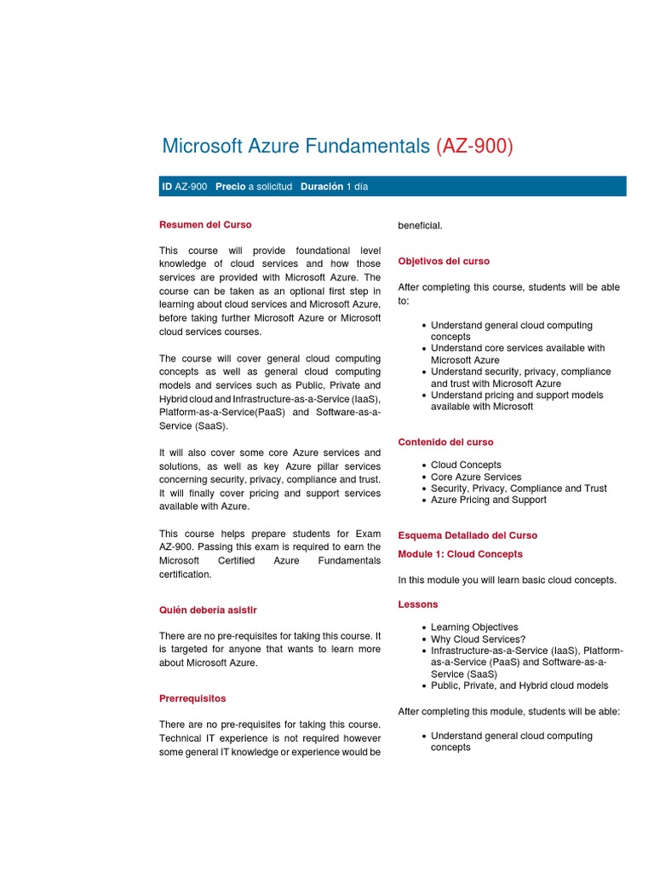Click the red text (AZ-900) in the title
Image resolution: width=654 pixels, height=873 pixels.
[x=474, y=147]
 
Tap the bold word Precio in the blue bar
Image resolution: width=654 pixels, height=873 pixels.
[x=231, y=187]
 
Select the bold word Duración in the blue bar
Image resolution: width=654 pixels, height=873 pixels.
[x=322, y=187]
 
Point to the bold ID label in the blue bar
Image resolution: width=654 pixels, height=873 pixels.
[x=167, y=187]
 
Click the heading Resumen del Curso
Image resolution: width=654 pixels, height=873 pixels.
[x=205, y=225]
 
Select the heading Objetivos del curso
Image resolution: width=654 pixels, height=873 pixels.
[x=444, y=262]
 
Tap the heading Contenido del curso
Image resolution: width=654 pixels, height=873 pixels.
[x=445, y=442]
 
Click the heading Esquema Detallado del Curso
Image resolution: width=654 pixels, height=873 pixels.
[x=468, y=535]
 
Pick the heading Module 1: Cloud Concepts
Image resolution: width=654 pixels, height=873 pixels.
[x=460, y=554]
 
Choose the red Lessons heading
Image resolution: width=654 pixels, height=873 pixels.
[x=418, y=604]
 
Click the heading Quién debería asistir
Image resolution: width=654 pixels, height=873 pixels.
[x=208, y=610]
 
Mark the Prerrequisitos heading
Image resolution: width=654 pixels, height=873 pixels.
[x=192, y=698]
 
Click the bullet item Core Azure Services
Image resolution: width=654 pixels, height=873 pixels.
[x=476, y=477]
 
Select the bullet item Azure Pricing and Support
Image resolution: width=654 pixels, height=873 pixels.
[x=488, y=500]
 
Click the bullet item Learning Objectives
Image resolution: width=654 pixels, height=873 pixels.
[x=474, y=627]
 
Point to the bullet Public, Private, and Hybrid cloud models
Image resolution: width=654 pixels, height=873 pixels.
[x=519, y=685]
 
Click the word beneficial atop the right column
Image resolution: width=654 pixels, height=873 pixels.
[x=420, y=225]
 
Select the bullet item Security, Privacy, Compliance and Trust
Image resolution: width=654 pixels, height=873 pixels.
[x=519, y=489]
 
